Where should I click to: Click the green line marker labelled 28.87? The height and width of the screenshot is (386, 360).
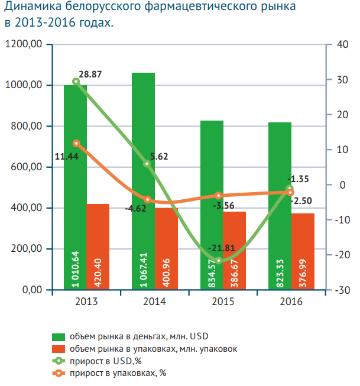click(76, 82)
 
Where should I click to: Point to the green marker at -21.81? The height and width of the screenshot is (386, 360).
click(218, 261)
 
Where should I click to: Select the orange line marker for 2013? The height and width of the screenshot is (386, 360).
click(76, 143)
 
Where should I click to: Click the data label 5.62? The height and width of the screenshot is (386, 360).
click(159, 157)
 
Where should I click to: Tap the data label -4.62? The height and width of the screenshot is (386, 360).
click(135, 209)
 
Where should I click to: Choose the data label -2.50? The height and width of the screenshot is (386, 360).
click(300, 201)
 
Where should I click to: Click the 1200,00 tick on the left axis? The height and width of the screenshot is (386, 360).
click(24, 44)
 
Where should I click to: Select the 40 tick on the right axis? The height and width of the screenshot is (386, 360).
click(339, 44)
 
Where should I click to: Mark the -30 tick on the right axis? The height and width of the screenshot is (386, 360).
click(341, 290)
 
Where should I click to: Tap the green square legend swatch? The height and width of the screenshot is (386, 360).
click(59, 336)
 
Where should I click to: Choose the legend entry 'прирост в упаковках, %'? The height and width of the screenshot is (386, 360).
click(118, 372)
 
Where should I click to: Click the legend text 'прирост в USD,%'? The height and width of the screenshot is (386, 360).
click(106, 361)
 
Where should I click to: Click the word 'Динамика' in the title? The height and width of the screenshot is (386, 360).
click(33, 8)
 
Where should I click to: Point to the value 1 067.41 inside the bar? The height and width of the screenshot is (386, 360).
click(144, 268)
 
